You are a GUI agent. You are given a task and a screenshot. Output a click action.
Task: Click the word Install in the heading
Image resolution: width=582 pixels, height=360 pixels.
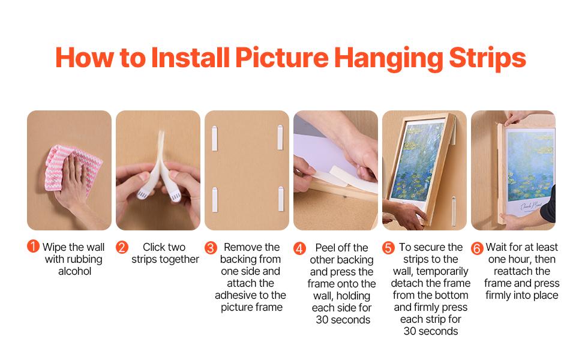point(188,58)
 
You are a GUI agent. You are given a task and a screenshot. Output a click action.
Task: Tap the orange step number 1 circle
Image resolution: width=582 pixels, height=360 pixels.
point(33,246)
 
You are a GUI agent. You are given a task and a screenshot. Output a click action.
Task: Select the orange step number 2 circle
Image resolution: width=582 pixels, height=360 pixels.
point(122,247)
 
